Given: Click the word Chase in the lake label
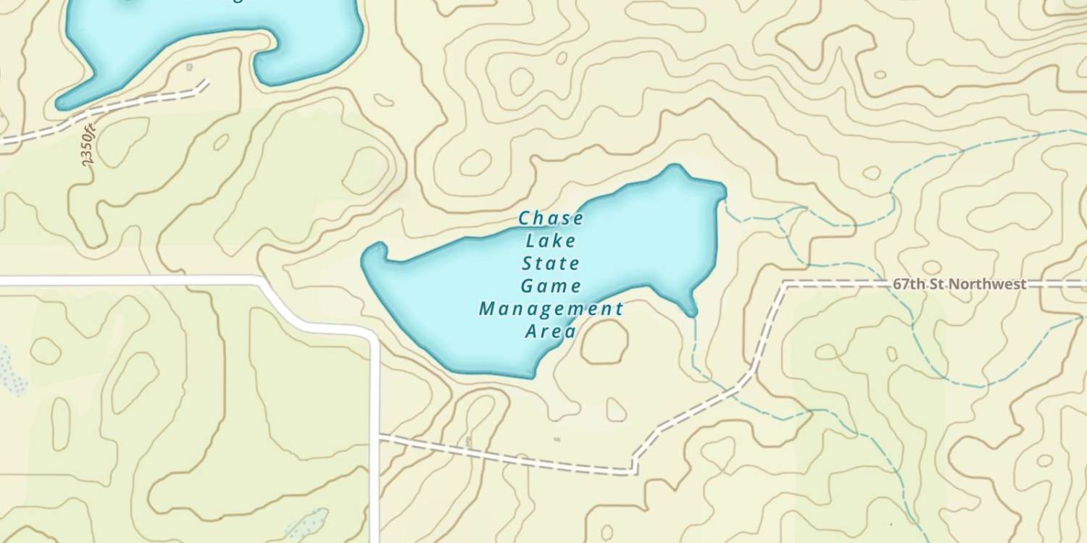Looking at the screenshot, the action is pos(551,218).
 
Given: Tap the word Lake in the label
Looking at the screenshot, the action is pos(551,240).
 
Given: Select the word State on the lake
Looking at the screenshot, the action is pos(551,263).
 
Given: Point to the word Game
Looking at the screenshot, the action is pos(551,286).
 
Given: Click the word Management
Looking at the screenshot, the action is pos(551,309).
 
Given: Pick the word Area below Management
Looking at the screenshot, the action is pos(551,332).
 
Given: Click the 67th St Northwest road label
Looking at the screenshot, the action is pos(959,284).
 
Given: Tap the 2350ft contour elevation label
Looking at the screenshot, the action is pos(89,147).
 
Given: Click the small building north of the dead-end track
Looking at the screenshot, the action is pos(189,67).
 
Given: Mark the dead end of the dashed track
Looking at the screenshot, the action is pos(207,81).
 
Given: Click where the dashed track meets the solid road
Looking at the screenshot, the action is pos(378,439).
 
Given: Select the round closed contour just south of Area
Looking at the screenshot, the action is pos(604,342).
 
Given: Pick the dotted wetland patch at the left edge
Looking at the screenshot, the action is pos(10,369).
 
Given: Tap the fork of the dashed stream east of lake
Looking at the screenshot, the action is pos(779,216).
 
